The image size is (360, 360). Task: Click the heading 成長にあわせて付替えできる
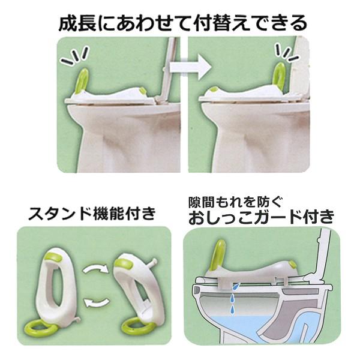(x=183, y=23)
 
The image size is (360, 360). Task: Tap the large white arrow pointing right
(x=190, y=67)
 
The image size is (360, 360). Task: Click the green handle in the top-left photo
(x=83, y=80)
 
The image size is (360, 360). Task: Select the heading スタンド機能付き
(x=92, y=214)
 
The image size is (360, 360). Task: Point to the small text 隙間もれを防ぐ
(x=235, y=202)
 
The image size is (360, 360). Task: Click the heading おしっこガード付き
(x=261, y=217)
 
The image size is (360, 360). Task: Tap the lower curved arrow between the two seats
(x=96, y=302)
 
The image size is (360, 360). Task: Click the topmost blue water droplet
(x=236, y=286)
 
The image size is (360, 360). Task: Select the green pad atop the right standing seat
(x=124, y=264)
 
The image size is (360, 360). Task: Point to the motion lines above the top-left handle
(x=74, y=56)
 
